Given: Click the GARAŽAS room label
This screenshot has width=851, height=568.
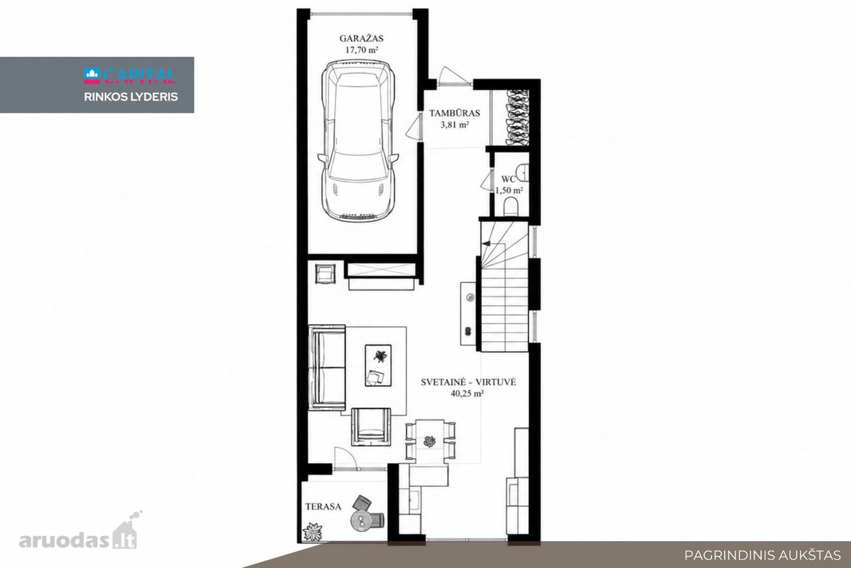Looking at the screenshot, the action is coord(361,38).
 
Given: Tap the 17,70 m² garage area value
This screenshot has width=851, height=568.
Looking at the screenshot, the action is coord(361,50).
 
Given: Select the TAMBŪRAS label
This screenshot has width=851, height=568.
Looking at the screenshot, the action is coord(455,113).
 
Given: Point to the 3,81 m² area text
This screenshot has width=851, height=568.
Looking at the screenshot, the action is coord(455,125).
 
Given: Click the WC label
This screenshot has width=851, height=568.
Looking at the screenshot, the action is coord(508,179).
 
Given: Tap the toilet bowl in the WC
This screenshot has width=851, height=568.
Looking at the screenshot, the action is coord(511,206).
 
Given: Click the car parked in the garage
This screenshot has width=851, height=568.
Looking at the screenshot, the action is coord(358,141).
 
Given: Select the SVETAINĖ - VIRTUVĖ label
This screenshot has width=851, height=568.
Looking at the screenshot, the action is coord(468,382).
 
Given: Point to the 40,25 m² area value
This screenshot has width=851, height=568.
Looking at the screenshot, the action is coord(467,394).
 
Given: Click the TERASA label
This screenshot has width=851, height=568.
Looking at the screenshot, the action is coord(323,506).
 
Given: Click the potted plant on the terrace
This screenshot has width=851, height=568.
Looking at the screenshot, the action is coord(313,532).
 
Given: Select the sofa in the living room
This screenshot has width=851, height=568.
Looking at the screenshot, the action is coord(327,367).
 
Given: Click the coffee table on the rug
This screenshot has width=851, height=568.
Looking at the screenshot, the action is coord(379,365).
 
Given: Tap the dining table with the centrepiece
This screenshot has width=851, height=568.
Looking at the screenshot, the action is coord(430,442).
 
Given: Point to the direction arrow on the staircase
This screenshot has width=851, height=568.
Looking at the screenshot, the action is coord(486,243).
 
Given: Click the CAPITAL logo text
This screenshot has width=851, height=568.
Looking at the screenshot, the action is coord(139,76).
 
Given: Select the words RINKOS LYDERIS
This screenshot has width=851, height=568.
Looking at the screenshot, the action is coord(130,97).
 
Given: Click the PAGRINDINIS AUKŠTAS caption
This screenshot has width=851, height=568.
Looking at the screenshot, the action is coord(762,555).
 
